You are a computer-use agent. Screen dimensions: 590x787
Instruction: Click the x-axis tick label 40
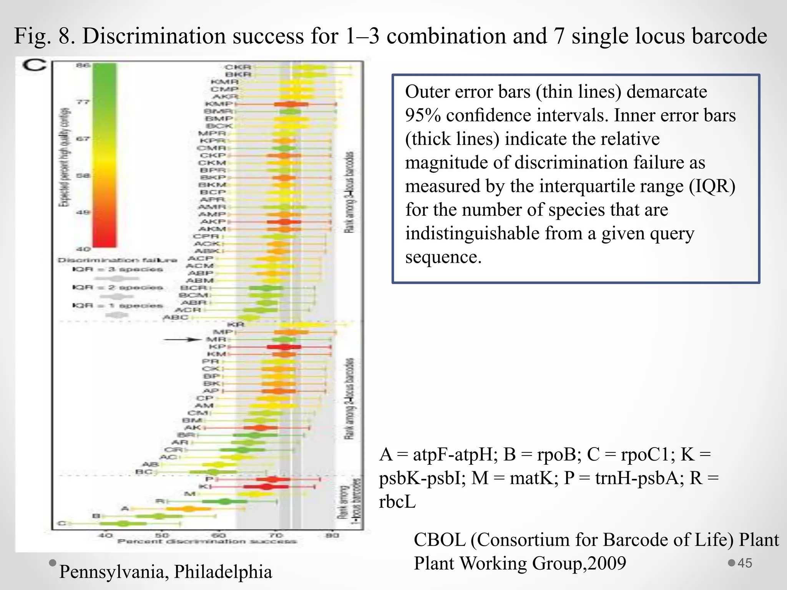pyautogui.click(x=106, y=535)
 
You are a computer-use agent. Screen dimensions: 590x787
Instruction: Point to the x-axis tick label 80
pyautogui.click(x=332, y=535)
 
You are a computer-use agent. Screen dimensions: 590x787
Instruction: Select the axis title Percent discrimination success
pyautogui.click(x=207, y=542)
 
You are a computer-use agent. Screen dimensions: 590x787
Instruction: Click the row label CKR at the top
pyautogui.click(x=238, y=67)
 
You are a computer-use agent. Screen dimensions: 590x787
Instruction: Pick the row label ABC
pyautogui.click(x=176, y=317)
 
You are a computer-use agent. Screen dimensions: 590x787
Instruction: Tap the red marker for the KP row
pyautogui.click(x=284, y=347)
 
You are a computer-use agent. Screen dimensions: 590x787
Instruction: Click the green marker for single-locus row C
pyautogui.click(x=123, y=524)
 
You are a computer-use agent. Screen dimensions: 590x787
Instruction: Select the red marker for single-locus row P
pyautogui.click(x=273, y=479)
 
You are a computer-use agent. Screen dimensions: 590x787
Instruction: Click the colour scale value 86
pyautogui.click(x=83, y=65)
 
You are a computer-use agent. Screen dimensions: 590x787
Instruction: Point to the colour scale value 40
pyautogui.click(x=83, y=249)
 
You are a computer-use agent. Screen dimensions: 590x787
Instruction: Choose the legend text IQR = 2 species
pyautogui.click(x=118, y=287)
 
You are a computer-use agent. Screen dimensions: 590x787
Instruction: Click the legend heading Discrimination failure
pyautogui.click(x=117, y=260)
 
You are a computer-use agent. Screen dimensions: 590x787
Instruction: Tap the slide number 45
pyautogui.click(x=745, y=563)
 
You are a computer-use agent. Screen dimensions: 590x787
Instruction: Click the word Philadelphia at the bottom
pyautogui.click(x=223, y=572)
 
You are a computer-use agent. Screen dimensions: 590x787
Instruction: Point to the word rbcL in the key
pyautogui.click(x=397, y=502)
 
